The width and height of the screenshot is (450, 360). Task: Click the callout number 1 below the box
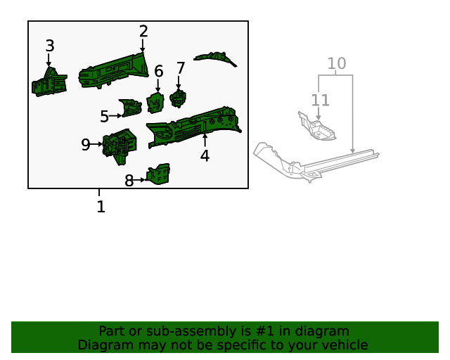(x=101, y=207)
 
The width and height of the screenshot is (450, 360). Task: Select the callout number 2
(x=143, y=32)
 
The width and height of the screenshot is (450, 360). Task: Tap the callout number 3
(x=49, y=46)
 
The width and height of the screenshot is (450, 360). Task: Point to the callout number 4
(x=205, y=156)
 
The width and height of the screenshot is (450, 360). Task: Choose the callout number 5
(x=104, y=117)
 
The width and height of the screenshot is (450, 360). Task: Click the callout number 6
(x=158, y=71)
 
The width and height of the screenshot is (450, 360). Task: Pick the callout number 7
(x=181, y=68)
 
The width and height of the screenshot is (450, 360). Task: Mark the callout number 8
(x=129, y=181)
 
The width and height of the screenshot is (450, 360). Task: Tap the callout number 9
(x=85, y=145)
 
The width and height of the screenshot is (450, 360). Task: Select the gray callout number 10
(x=337, y=64)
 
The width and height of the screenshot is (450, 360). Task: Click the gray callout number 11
(x=320, y=101)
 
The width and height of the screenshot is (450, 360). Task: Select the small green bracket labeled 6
(x=155, y=103)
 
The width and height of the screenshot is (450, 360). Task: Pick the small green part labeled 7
(x=178, y=98)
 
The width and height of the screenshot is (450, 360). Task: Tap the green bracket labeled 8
(x=159, y=174)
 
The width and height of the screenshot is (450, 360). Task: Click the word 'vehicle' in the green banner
(x=342, y=345)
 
